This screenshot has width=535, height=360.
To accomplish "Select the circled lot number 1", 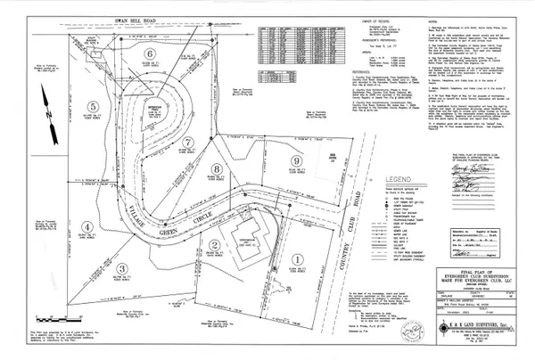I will point(295,258).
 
